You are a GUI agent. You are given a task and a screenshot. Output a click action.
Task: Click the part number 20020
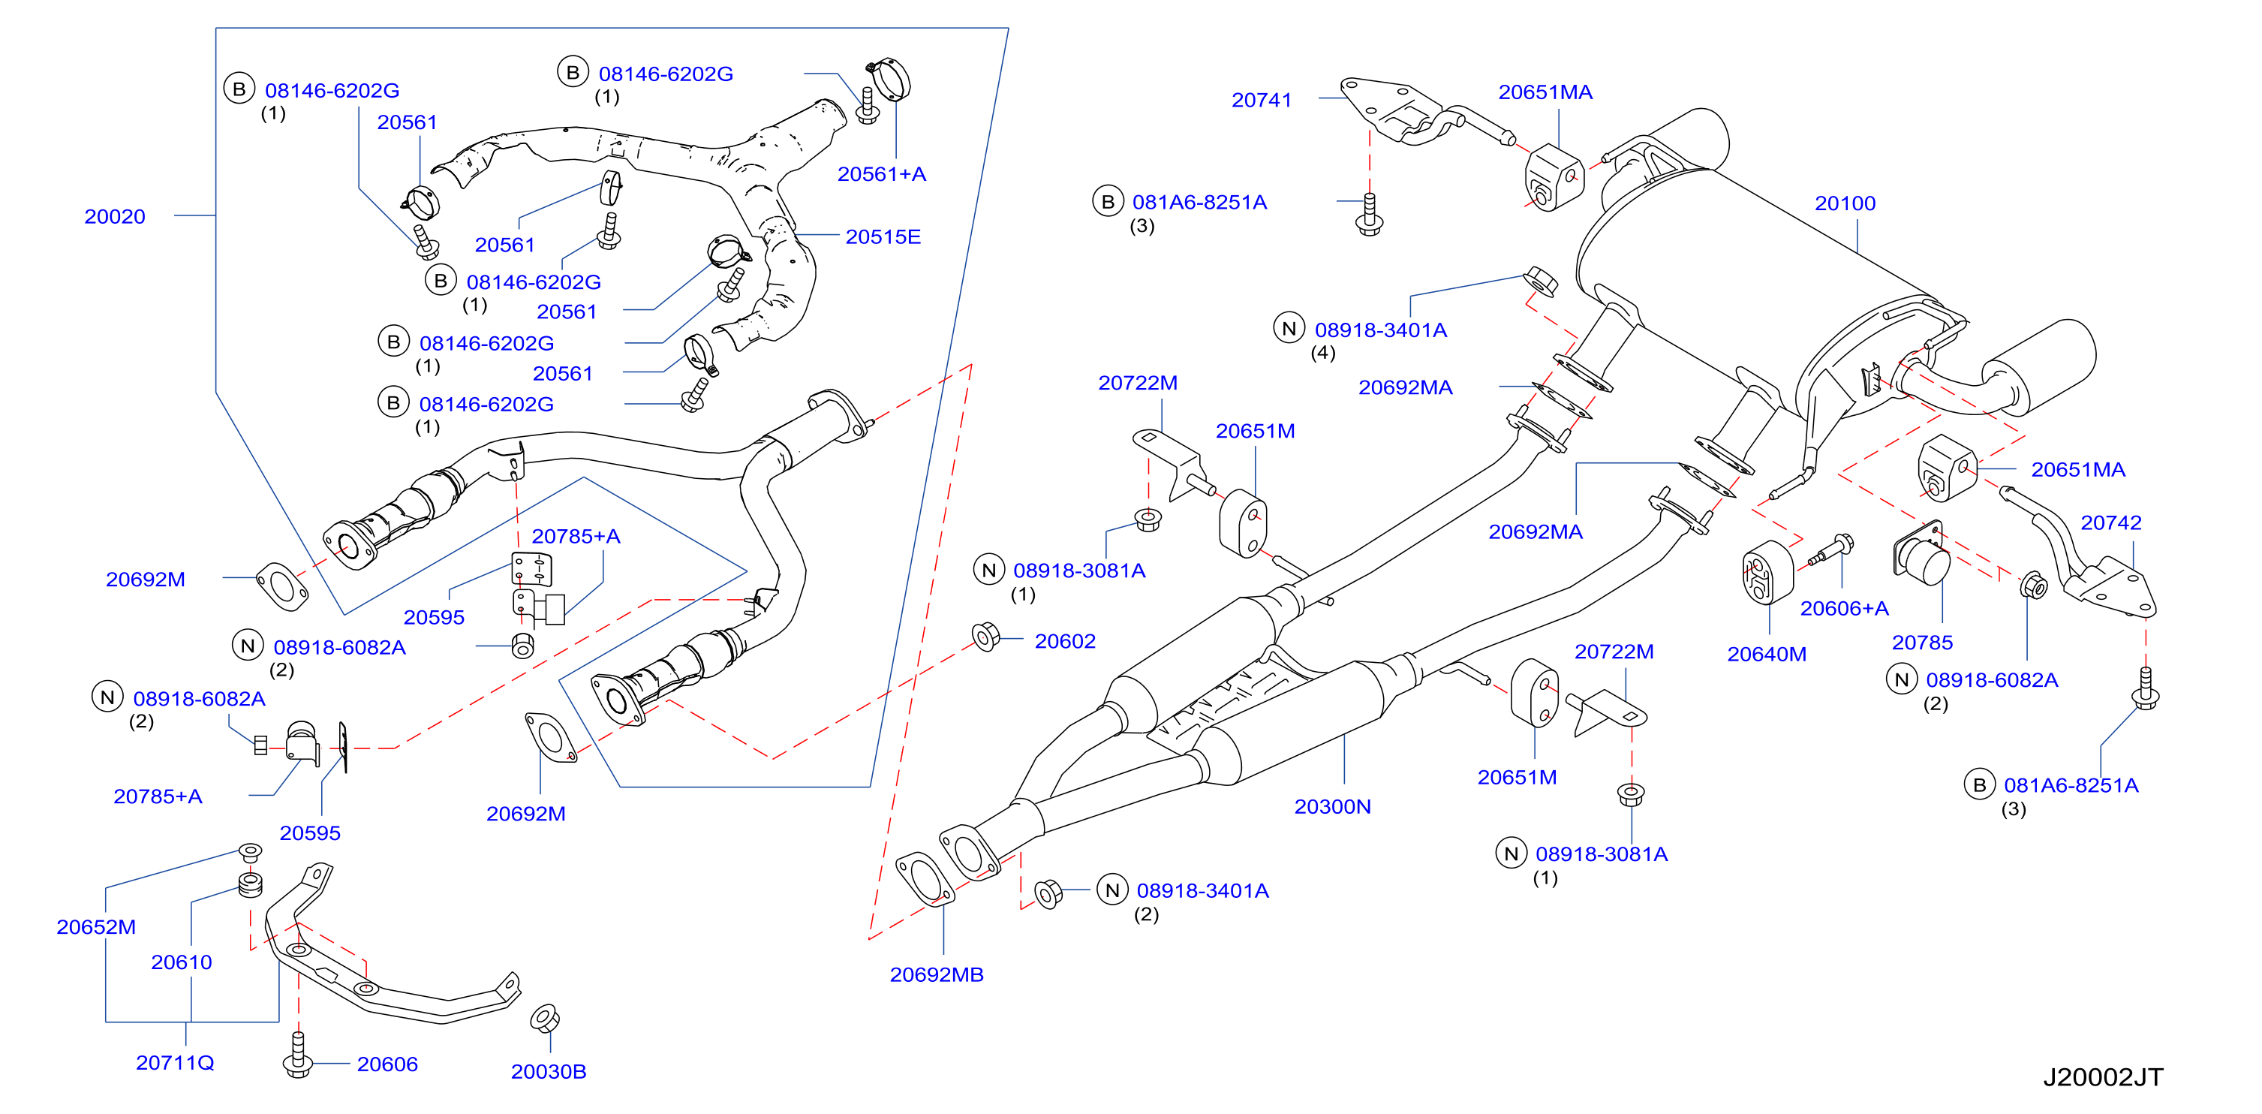(x=115, y=217)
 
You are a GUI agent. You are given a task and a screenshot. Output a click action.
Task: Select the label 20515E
(x=883, y=237)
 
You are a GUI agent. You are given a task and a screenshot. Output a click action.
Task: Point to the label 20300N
(x=1333, y=806)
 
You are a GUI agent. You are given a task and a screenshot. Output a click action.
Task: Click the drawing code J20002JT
(x=2103, y=1077)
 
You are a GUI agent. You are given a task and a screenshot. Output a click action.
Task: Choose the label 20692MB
(x=937, y=975)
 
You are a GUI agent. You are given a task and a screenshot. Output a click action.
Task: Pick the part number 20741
(x=1262, y=100)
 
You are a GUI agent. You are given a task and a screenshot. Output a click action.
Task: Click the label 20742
(x=2111, y=522)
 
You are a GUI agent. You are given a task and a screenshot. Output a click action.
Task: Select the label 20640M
(x=1767, y=655)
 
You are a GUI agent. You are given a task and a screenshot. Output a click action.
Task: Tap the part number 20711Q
(x=176, y=1063)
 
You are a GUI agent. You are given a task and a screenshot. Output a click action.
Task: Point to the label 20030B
(x=549, y=1072)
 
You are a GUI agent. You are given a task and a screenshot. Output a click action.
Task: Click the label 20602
(x=1065, y=641)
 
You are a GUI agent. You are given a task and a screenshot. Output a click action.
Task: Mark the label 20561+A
(x=882, y=174)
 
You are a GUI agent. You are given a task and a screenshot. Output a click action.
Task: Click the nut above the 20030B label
(x=546, y=1019)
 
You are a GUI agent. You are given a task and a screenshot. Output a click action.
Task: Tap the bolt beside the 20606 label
(x=299, y=1055)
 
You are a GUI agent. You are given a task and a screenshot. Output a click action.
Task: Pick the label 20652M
(x=97, y=927)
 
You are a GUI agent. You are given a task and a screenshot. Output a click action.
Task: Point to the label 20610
(x=182, y=962)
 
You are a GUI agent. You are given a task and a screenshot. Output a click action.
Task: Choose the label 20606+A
(x=1844, y=609)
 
